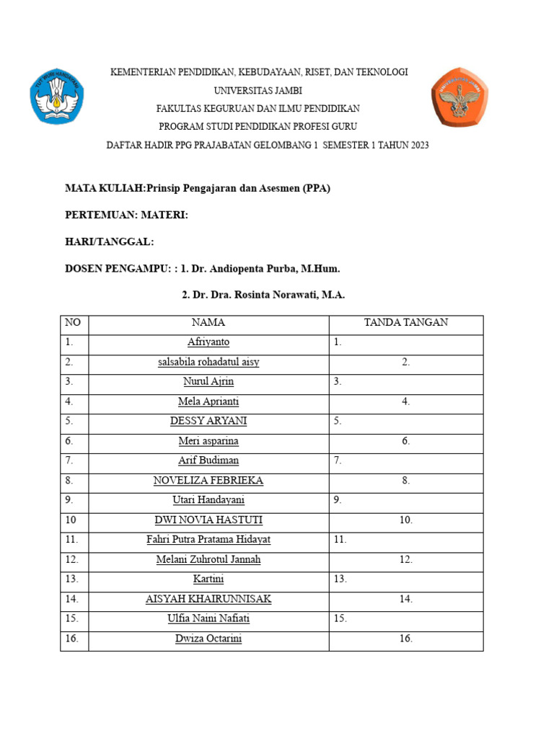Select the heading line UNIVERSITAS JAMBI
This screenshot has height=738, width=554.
258,90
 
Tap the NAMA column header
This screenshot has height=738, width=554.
208,322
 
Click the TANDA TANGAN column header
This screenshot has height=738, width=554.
406,322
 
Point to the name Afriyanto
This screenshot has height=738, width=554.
208,342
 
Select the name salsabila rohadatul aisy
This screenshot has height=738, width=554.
208,362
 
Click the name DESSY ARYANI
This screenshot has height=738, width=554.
208,421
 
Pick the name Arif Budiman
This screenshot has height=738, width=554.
208,460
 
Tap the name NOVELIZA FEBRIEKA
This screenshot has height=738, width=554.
208,480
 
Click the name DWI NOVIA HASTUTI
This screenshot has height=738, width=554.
208,520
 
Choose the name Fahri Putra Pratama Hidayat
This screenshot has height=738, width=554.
208,539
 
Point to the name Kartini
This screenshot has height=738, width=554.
208,579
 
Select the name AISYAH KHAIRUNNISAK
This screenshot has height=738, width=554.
208,599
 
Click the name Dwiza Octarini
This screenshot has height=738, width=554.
208,639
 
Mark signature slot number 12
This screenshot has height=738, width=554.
406,559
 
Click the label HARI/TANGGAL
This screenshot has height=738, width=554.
110,241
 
